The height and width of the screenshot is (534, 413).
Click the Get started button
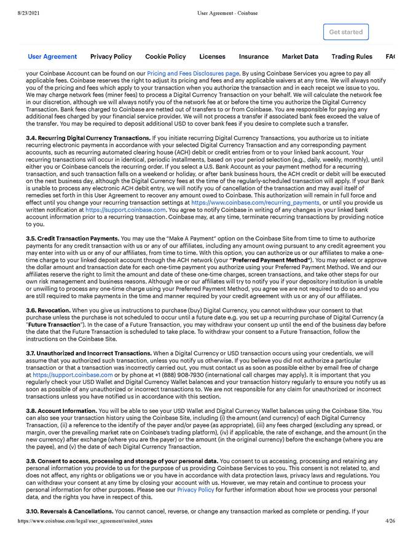[345, 32]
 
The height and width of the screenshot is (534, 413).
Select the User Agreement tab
[52, 57]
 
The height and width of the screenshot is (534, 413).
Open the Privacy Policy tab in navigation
[111, 57]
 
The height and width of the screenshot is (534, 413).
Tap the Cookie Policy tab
[165, 57]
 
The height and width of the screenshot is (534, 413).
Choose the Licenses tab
[213, 57]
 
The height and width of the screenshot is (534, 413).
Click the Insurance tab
[253, 57]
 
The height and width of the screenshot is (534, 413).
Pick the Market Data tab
[300, 57]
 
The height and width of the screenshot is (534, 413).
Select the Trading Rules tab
[352, 57]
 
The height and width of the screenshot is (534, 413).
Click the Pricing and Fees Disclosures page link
[193, 74]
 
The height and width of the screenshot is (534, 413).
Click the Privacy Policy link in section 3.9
[195, 490]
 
